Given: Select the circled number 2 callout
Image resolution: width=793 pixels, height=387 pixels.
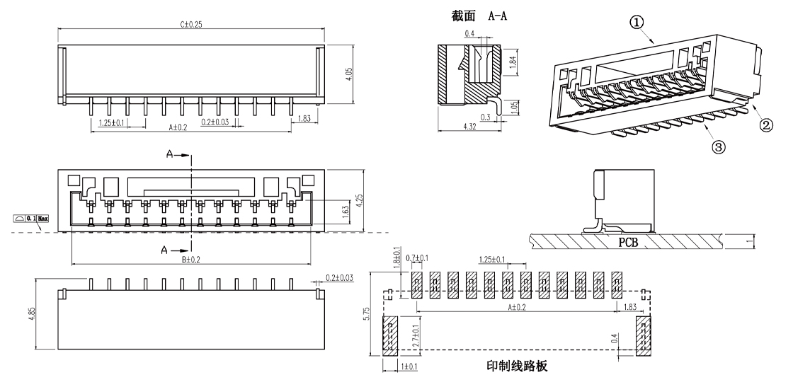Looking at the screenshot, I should (x=765, y=127).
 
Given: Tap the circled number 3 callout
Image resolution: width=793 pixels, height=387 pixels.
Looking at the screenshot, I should (x=718, y=148).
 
